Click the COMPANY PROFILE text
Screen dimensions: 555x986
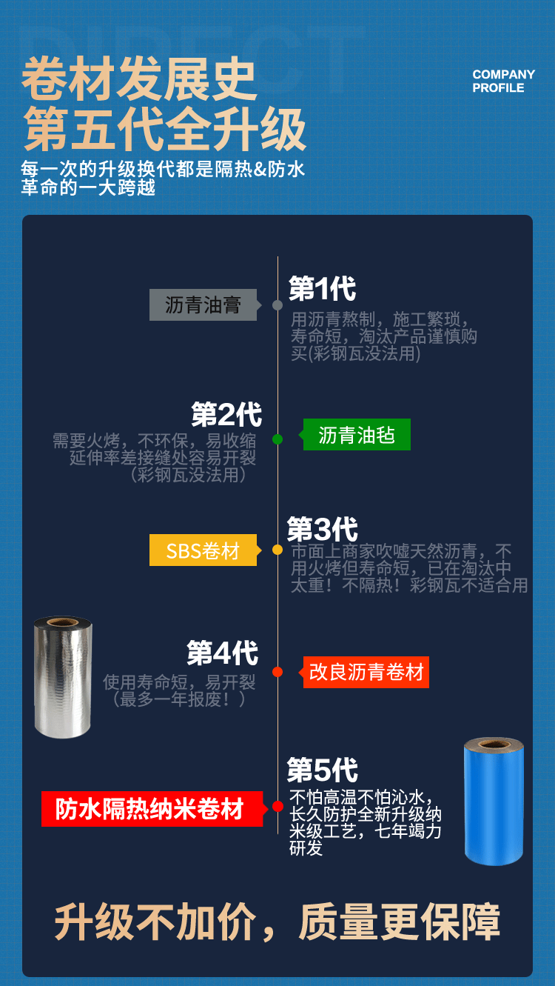[503, 81]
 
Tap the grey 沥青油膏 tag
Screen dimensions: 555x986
[203, 305]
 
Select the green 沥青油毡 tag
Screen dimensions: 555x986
[357, 435]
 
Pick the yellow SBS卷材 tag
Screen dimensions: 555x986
[203, 550]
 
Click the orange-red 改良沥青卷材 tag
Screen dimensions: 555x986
[366, 672]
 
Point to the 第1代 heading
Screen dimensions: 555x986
[322, 289]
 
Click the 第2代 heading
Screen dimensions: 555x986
[226, 415]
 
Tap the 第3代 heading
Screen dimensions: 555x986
[323, 530]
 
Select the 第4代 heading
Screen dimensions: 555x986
[222, 653]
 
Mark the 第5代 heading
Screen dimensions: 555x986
[323, 770]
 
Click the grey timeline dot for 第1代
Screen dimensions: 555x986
[277, 305]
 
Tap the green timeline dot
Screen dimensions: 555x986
[277, 439]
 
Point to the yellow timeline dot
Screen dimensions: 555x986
[277, 550]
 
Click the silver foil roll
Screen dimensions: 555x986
[62, 677]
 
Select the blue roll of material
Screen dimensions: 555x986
[494, 804]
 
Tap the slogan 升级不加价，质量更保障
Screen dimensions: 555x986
[277, 922]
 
